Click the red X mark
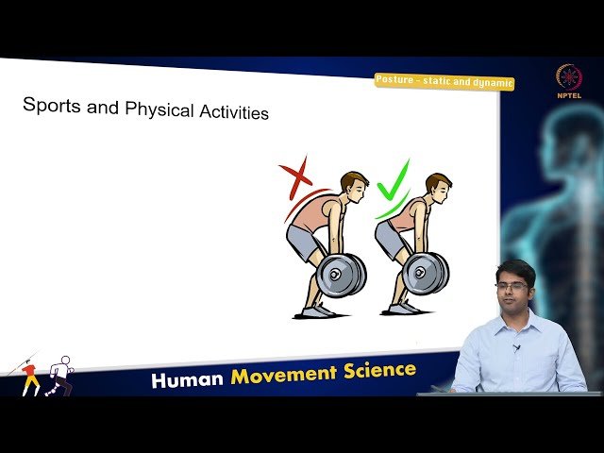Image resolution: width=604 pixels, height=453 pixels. [295, 176]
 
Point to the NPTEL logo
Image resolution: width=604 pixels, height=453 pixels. [568, 80]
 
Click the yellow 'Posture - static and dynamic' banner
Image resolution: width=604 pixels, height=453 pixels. [444, 82]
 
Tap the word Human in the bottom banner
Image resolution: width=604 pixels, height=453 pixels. [187, 379]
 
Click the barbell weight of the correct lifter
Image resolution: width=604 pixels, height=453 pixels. [424, 274]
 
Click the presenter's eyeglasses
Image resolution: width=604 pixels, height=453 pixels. [512, 286]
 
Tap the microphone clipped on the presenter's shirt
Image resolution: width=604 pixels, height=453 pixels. [516, 348]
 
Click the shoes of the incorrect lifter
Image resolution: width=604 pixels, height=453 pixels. [317, 310]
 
